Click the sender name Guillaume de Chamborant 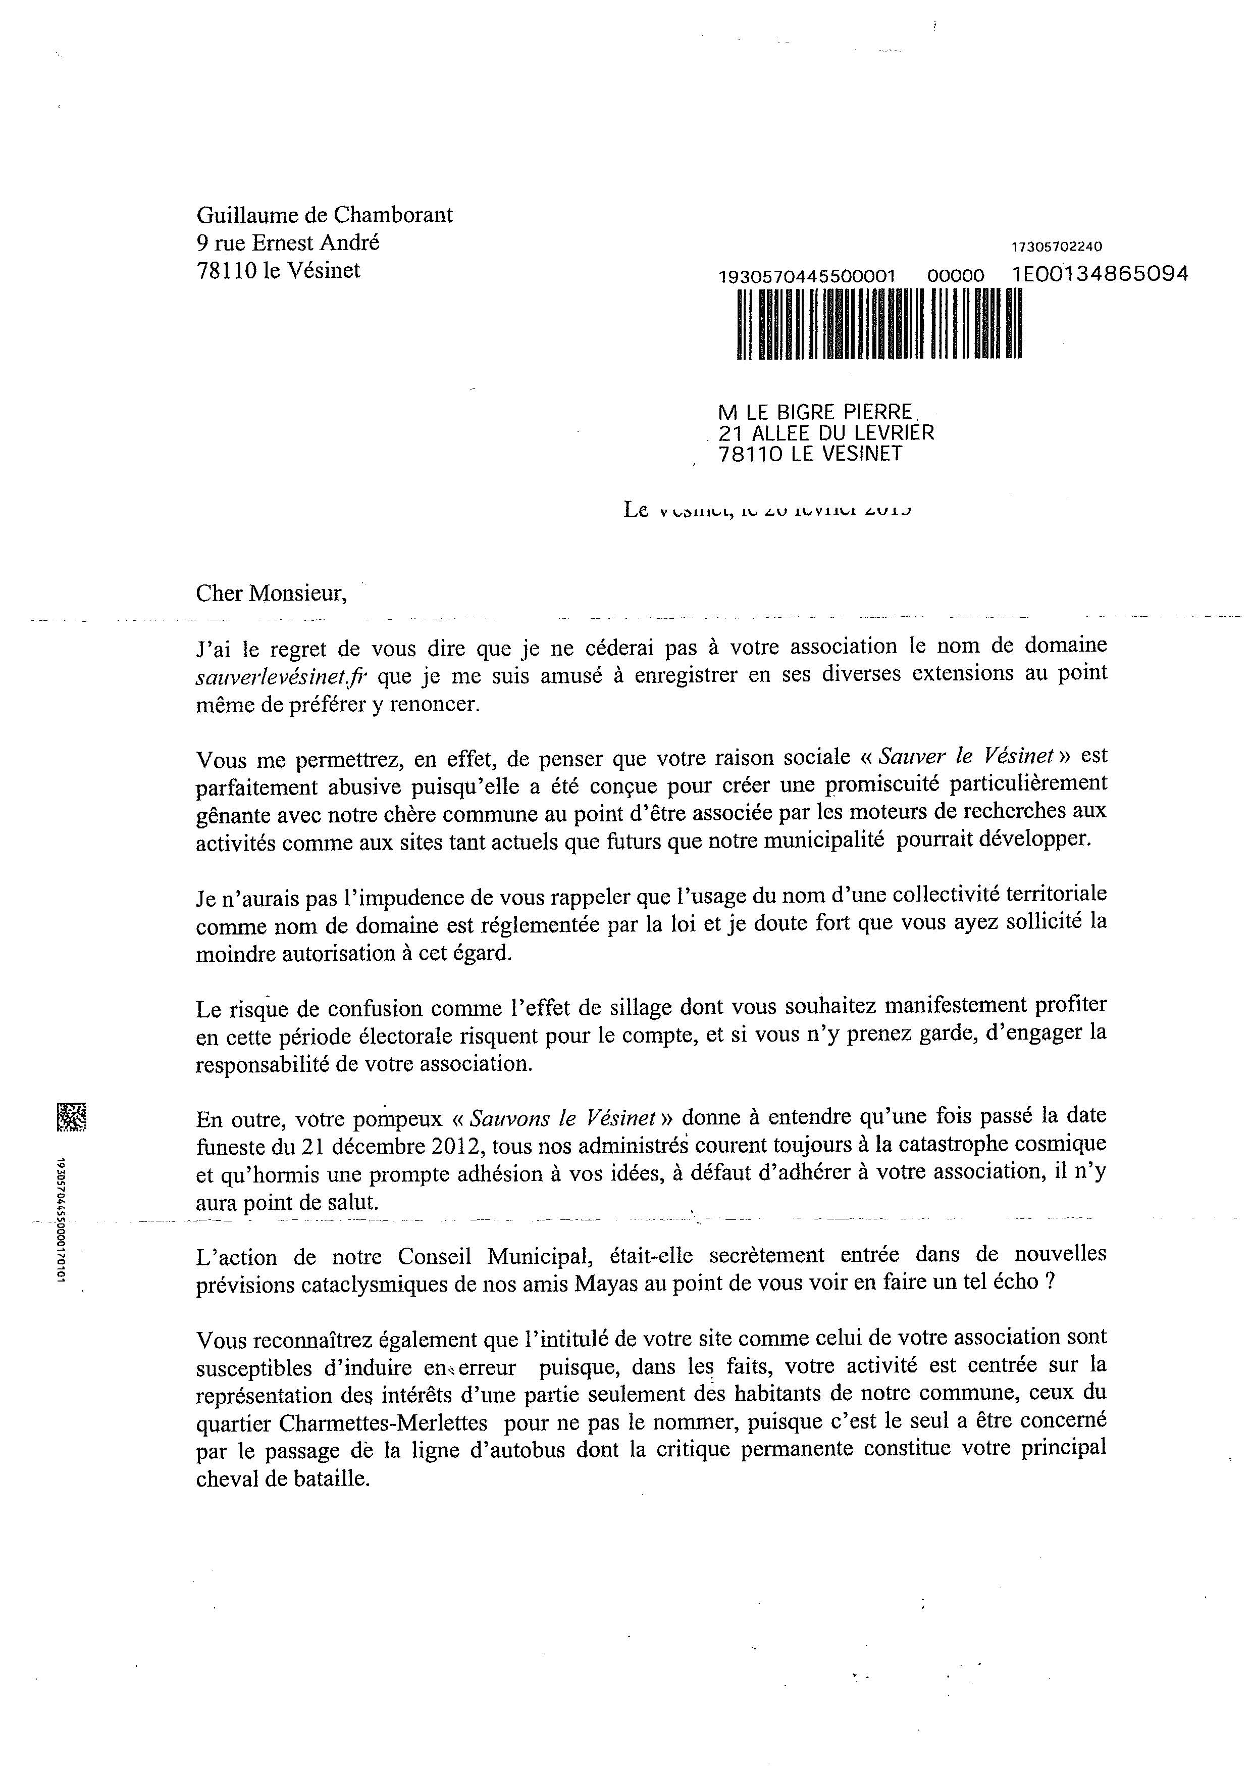325,215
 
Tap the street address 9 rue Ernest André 288,243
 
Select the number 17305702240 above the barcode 1056,247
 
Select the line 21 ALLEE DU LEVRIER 825,433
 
